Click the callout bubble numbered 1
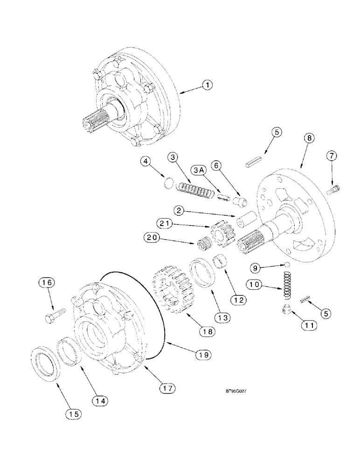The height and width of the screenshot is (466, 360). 207,85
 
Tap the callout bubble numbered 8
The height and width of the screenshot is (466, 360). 309,138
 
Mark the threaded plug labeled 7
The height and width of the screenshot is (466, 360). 334,190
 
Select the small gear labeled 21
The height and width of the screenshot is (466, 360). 218,234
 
